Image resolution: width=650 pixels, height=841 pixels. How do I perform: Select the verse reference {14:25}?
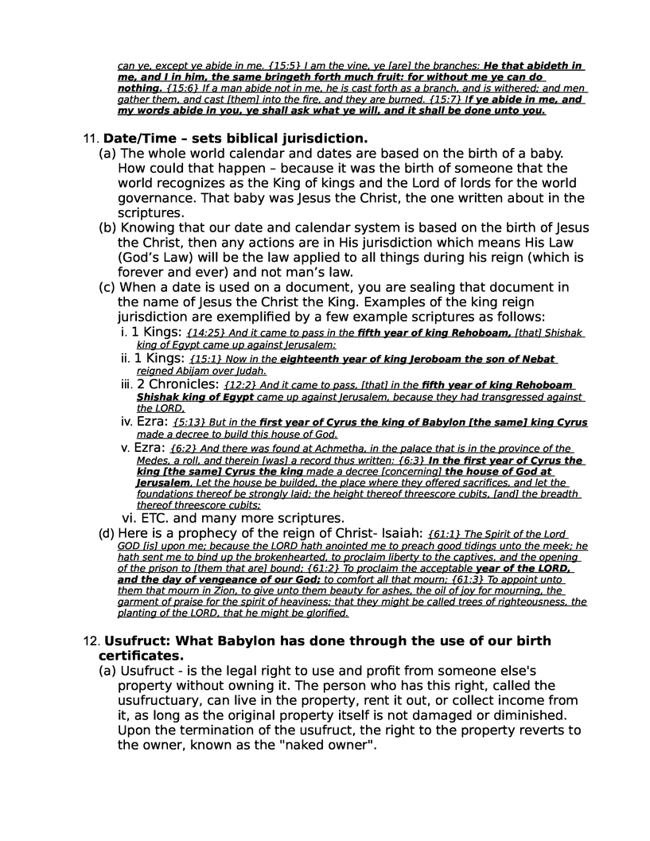[204, 333]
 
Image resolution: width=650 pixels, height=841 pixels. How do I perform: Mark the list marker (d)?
[106, 533]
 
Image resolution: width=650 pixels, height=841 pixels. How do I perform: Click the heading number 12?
[90, 641]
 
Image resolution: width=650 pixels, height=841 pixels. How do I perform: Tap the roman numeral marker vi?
[127, 519]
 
